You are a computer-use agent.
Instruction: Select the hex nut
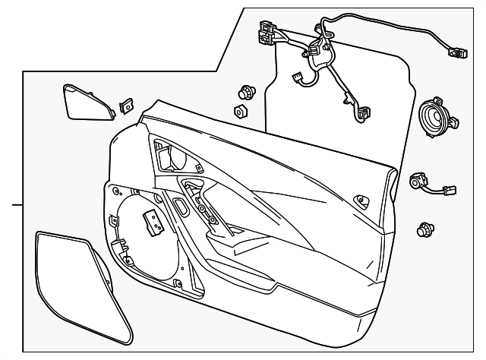240,112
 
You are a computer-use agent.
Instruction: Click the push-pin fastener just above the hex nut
245,92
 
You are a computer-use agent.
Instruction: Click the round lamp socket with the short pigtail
418,182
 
